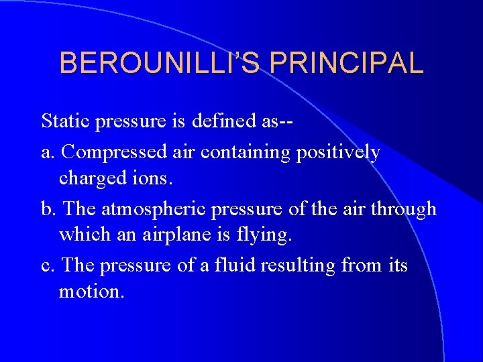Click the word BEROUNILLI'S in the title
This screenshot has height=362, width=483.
(156, 63)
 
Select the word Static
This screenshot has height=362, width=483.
(66, 121)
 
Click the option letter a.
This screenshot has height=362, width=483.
(46, 152)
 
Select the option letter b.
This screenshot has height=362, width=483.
(47, 209)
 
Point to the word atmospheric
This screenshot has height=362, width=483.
(154, 209)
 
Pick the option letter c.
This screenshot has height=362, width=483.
(46, 265)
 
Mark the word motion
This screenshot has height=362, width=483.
(91, 292)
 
